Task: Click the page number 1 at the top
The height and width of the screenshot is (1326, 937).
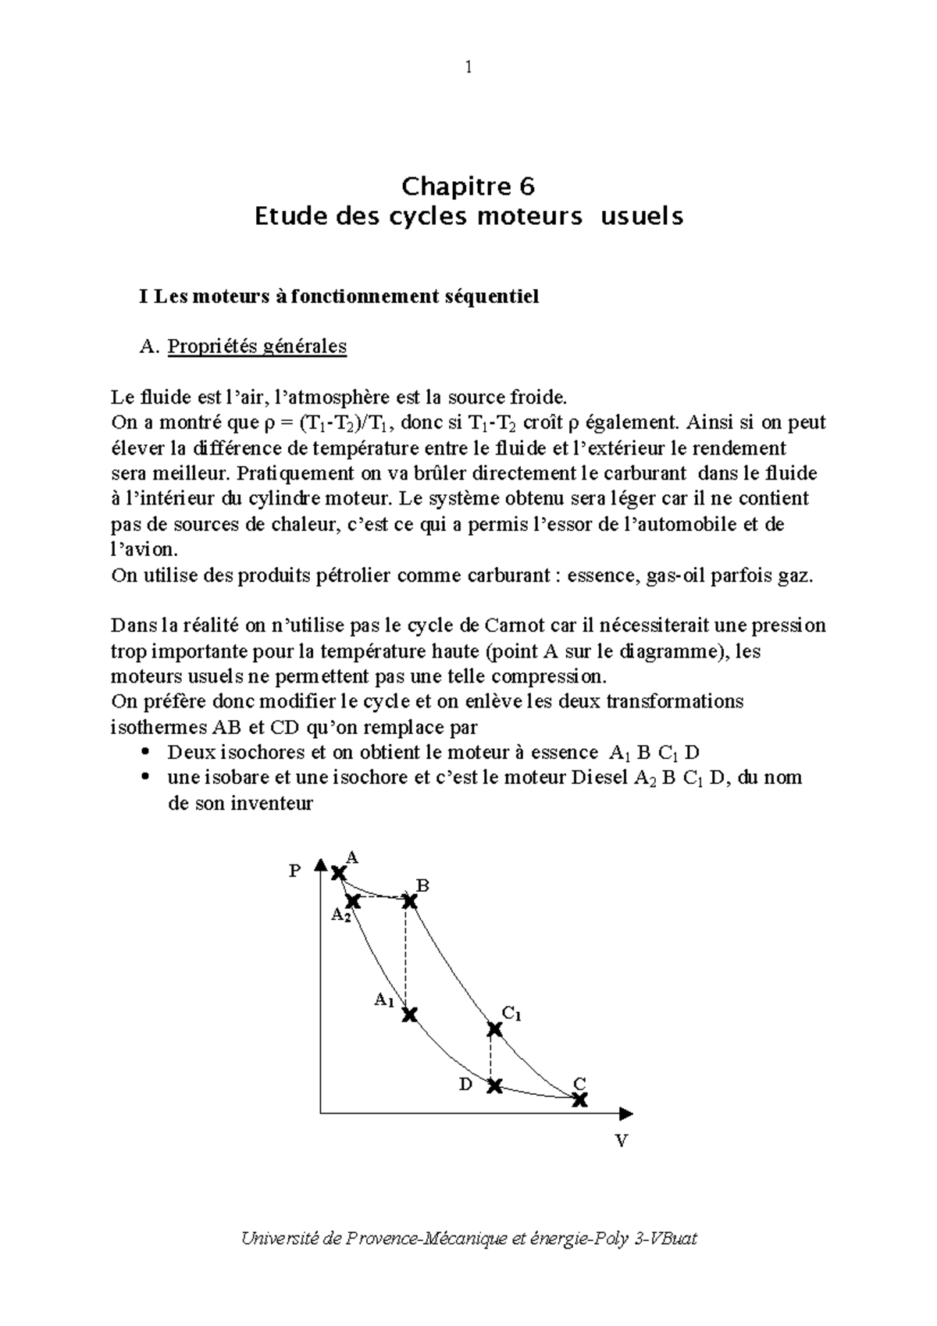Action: click(x=468, y=68)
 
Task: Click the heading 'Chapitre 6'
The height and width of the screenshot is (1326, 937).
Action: click(x=468, y=187)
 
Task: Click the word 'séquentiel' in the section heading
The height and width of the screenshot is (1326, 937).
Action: click(x=497, y=297)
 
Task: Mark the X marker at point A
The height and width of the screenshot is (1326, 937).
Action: click(x=338, y=873)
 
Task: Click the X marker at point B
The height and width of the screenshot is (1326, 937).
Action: click(x=410, y=900)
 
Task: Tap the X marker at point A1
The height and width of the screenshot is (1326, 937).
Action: click(x=409, y=1014)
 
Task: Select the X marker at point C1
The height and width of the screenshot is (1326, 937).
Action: click(x=494, y=1029)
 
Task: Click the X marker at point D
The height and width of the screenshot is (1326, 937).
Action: click(x=494, y=1085)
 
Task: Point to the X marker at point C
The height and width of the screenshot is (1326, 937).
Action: click(x=579, y=1100)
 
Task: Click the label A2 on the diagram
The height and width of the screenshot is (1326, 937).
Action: click(x=340, y=915)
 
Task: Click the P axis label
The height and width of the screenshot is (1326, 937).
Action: click(x=294, y=871)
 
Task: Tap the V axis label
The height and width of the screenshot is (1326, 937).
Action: click(x=622, y=1141)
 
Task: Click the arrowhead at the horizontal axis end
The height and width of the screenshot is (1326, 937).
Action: click(x=626, y=1113)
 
